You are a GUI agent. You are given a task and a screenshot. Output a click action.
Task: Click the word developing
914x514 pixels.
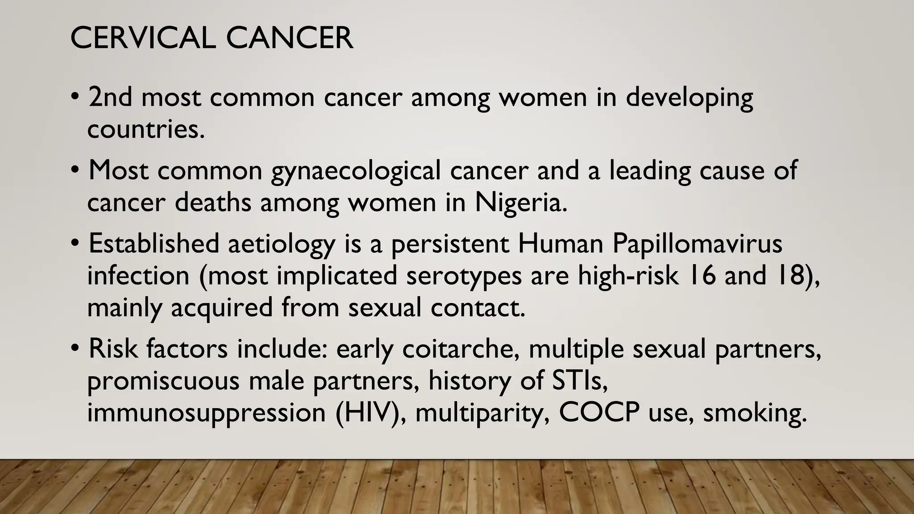click(689, 98)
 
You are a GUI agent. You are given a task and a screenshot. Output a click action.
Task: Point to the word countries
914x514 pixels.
click(145, 129)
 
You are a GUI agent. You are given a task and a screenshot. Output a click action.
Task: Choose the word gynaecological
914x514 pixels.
click(356, 171)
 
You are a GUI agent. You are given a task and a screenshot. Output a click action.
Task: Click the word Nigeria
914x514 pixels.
click(520, 203)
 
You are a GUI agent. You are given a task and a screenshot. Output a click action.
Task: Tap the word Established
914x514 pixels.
click(154, 244)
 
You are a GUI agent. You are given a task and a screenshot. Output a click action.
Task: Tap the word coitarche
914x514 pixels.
click(461, 349)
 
